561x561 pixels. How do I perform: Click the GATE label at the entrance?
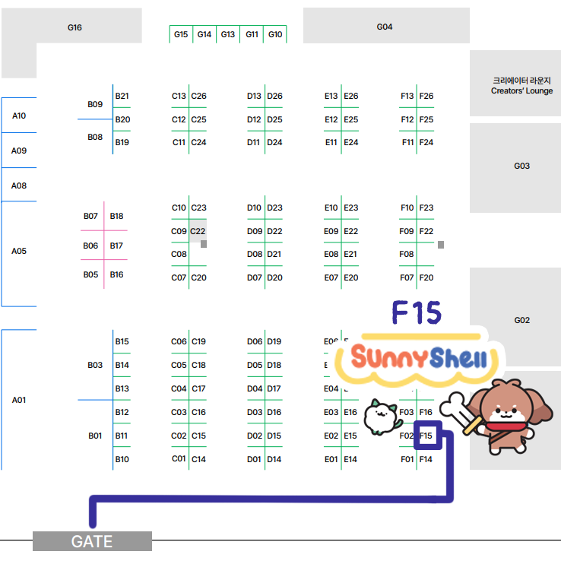[x=92, y=541]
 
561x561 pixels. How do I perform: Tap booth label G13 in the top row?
[x=228, y=34]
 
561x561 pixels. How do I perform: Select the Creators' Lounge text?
[x=521, y=91]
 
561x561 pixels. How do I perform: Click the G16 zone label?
[x=74, y=27]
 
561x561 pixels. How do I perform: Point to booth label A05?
[x=19, y=251]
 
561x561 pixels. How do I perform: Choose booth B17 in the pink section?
[x=116, y=246]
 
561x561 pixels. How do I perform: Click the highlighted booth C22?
[x=198, y=232]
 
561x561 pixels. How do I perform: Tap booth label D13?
[x=254, y=97]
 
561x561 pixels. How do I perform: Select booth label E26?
[x=351, y=97]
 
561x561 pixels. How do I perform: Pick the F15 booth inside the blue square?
[x=426, y=436]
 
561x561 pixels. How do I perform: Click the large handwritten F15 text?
[x=417, y=312]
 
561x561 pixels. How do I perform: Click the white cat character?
[x=381, y=417]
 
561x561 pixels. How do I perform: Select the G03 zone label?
[x=521, y=166]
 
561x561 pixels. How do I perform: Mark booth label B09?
[x=95, y=104]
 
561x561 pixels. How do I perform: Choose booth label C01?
[x=179, y=458]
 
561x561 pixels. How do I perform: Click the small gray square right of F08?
[x=441, y=245]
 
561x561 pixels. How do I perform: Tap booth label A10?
[x=19, y=116]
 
